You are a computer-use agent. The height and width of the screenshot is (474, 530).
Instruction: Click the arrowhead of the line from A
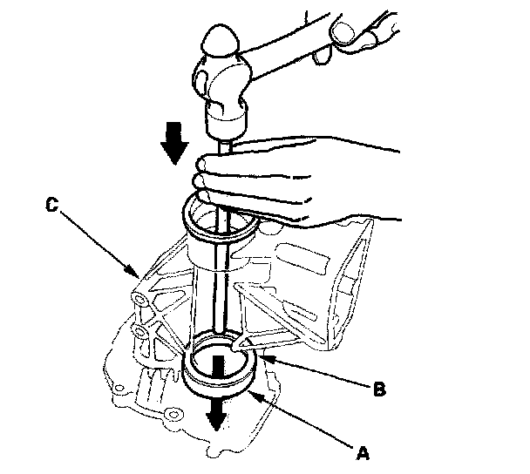coord(252,394)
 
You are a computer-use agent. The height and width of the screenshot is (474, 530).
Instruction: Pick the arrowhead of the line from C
coord(134,274)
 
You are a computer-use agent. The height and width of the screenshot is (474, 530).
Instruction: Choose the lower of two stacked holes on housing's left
coord(139,331)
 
